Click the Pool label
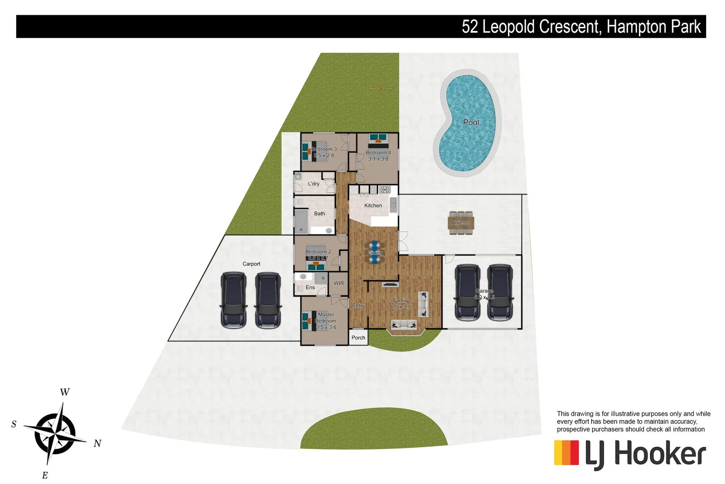(x=471, y=122)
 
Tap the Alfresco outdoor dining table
(x=461, y=223)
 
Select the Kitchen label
(x=373, y=206)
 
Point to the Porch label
(x=358, y=338)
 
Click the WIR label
(x=339, y=283)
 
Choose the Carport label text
(x=251, y=264)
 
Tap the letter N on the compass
(x=98, y=444)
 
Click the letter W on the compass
(x=65, y=392)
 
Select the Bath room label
(x=320, y=214)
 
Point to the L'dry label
(x=314, y=184)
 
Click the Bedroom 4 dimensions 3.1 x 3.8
(x=378, y=159)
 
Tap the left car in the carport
(x=233, y=300)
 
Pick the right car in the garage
(x=500, y=292)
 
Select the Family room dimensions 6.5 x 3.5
(x=401, y=307)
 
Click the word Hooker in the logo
(x=660, y=454)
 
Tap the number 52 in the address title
(x=470, y=27)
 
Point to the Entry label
(x=358, y=306)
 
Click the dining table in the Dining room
(x=375, y=252)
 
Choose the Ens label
(x=310, y=288)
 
